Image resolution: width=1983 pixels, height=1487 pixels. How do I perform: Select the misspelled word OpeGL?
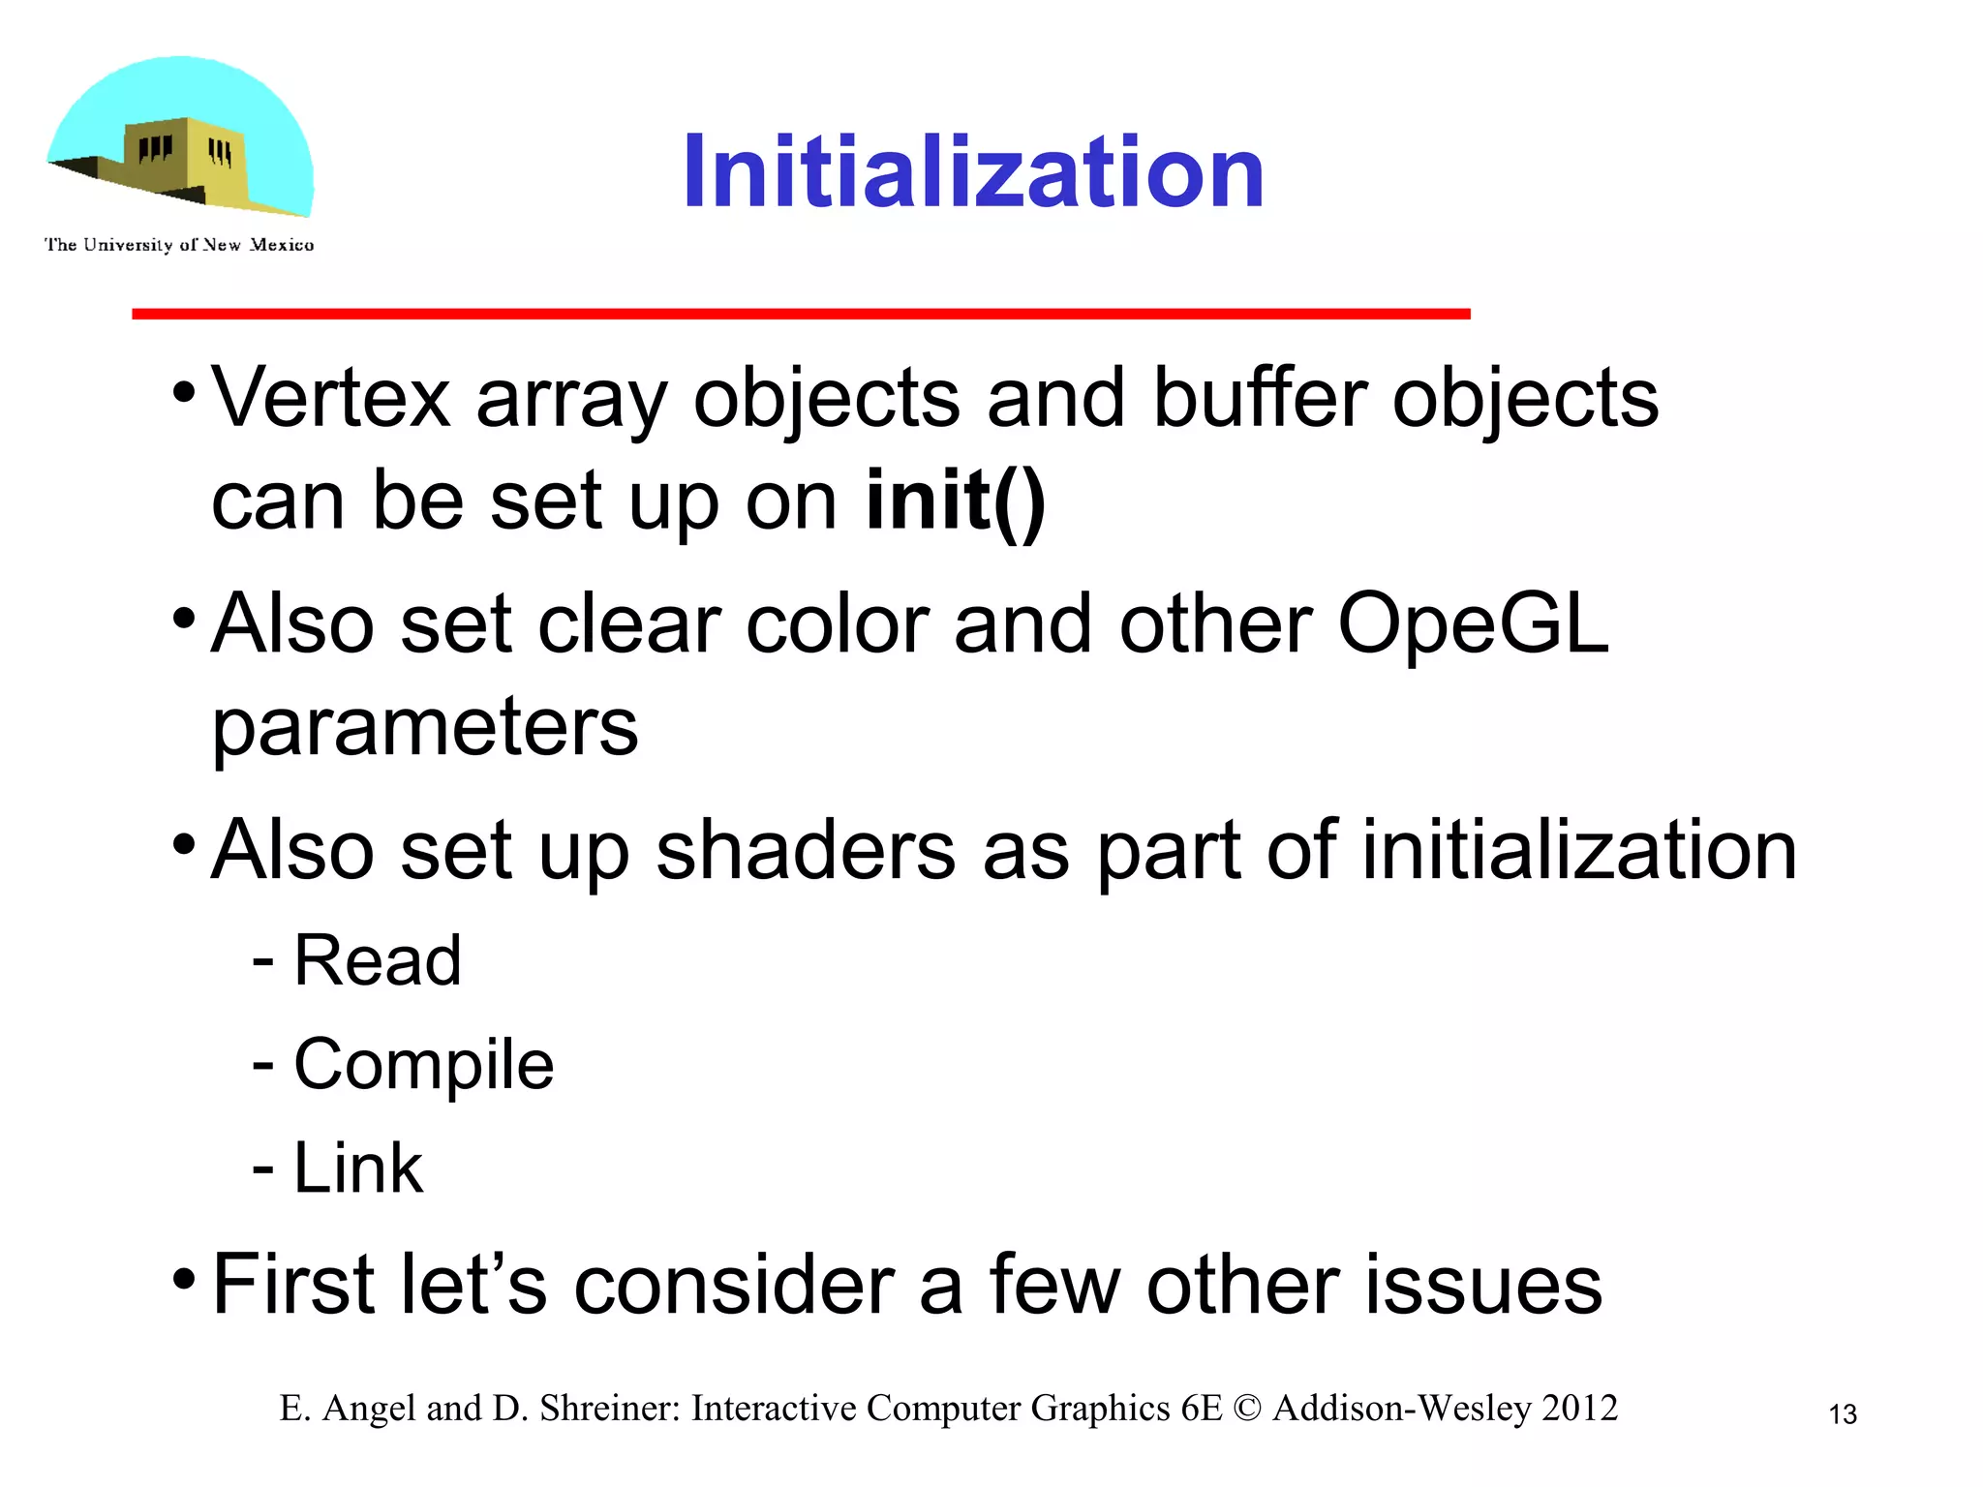pos(1472,624)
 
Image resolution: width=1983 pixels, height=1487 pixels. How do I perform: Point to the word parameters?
pos(425,728)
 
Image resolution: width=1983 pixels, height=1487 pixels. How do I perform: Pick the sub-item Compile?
pos(423,1065)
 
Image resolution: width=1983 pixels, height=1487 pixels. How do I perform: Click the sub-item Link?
pos(357,1168)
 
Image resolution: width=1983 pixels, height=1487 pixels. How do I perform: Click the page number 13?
pos(1842,1414)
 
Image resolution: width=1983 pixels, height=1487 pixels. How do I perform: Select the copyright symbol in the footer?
pos(1247,1409)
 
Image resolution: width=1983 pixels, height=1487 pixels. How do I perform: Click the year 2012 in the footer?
pos(1579,1409)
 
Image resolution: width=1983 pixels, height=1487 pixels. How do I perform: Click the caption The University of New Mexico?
pos(179,245)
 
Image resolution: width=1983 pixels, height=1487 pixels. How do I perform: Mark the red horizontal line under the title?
pos(801,314)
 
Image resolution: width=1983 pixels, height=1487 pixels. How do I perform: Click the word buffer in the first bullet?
pos(1259,398)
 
